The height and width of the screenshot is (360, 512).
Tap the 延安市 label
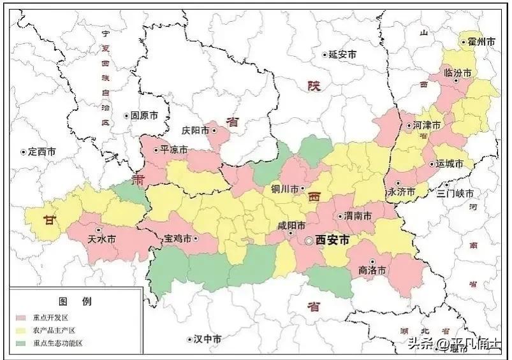coord(345,55)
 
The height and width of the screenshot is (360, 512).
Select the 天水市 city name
coord(102,240)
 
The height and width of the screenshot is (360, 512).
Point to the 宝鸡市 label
coord(178,239)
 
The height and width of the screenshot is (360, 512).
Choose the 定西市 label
coord(42,152)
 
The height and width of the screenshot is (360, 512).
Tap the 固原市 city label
coord(144,116)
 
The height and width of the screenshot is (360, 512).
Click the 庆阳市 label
coord(196,130)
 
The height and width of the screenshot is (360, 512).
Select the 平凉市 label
coord(173,150)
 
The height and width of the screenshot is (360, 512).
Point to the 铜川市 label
coord(285,189)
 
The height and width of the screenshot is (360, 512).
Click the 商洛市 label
coord(372,270)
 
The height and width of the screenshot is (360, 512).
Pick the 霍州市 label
coord(483,42)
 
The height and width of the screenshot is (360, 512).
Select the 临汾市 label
coord(458,73)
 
